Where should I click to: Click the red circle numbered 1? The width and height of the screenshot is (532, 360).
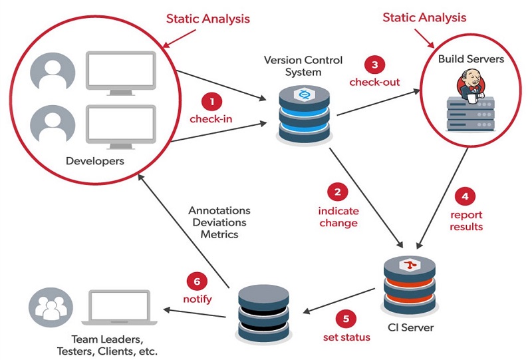(x=211, y=102)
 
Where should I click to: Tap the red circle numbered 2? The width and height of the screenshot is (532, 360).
(x=338, y=192)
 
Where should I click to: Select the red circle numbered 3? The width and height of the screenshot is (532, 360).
(x=375, y=65)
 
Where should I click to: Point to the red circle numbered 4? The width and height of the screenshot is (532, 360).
(x=465, y=196)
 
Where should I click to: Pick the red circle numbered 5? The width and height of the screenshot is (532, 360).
(x=346, y=319)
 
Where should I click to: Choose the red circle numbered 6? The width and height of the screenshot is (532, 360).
(x=197, y=281)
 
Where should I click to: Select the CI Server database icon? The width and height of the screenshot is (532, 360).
(x=410, y=285)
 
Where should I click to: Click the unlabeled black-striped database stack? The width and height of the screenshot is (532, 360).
(x=263, y=313)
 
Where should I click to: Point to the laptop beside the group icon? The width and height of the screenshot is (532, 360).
(x=120, y=307)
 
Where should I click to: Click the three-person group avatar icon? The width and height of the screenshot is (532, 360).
(x=51, y=307)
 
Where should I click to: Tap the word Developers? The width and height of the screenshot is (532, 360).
(x=95, y=160)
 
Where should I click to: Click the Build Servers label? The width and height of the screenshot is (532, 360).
(x=471, y=59)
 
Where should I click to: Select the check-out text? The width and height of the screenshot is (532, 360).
(x=374, y=82)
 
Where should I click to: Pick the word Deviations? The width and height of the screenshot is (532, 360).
(x=219, y=222)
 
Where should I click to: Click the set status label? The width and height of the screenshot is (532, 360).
(x=346, y=337)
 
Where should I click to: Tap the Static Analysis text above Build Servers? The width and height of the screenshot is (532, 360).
(x=424, y=17)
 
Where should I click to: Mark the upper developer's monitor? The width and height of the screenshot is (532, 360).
(x=121, y=73)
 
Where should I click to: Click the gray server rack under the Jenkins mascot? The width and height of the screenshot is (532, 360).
(x=470, y=114)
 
